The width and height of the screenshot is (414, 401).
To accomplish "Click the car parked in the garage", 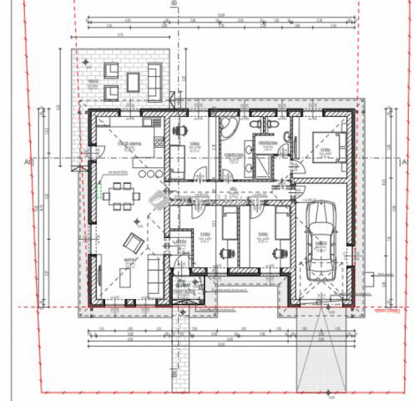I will pyautogui.click(x=321, y=243).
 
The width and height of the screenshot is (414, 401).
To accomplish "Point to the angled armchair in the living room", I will pyautogui.click(x=133, y=243).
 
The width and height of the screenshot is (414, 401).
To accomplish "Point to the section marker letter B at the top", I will pyautogui.click(x=174, y=4).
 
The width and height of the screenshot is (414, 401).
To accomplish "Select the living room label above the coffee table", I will pyautogui.click(x=129, y=260).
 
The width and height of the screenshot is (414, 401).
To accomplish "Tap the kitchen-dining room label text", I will pyautogui.click(x=126, y=143).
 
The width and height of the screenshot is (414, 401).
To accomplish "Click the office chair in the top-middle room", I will pyautogui.click(x=179, y=131).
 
